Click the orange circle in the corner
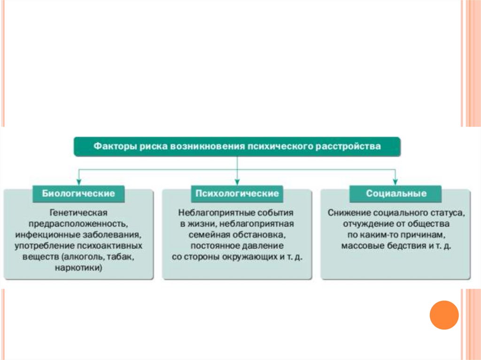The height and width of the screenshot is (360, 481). tap(444, 314)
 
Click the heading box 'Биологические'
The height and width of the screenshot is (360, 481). tap(79, 193)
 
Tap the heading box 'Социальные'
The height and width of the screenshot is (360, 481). tap(396, 193)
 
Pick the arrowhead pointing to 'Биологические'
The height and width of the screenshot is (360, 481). tap(79, 181)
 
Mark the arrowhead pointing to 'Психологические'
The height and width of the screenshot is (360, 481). tap(237, 181)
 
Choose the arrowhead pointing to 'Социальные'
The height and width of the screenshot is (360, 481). tap(396, 181)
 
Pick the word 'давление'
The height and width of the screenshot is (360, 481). tap(264, 246)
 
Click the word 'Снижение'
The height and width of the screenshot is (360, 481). tap(347, 213)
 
